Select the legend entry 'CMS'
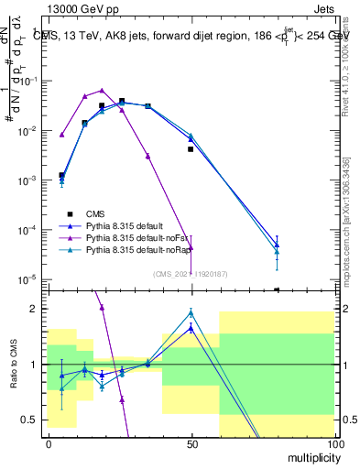click(x=108, y=212)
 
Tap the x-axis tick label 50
click(x=191, y=443)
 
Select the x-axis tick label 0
click(x=48, y=443)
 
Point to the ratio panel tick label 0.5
click(x=29, y=420)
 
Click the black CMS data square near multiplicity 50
click(x=191, y=148)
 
